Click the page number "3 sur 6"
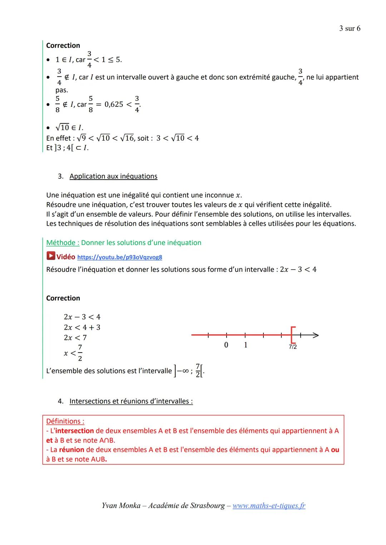pos(350,28)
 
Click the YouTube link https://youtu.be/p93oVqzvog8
pos(119,257)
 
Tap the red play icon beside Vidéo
pos(51,256)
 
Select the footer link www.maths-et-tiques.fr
pos(269,505)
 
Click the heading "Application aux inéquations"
pos(113,176)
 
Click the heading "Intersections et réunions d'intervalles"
pos(131,401)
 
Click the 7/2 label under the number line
pos(293,347)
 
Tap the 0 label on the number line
pos(226,345)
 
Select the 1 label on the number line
pos(246,345)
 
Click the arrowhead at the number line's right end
pos(315,335)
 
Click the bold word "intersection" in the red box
pos(75,431)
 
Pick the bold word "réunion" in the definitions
pos(71,450)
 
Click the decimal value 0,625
pos(114,104)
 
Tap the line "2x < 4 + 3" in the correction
pos(82,327)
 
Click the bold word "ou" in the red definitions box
pos(335,450)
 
